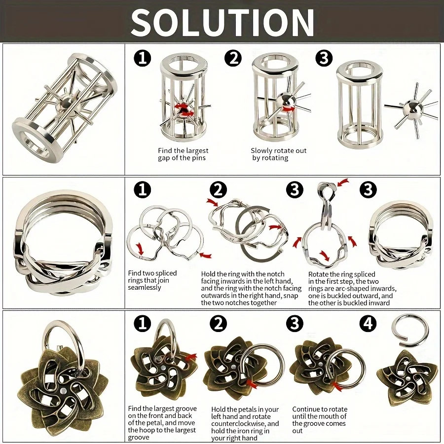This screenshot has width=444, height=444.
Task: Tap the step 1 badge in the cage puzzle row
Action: [143, 59]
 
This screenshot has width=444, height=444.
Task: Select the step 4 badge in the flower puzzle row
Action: [368, 324]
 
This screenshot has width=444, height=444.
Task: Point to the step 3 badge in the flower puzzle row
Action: [295, 324]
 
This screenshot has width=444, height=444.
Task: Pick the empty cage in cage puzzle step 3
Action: [359, 105]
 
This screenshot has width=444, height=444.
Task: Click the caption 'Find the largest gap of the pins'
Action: [183, 154]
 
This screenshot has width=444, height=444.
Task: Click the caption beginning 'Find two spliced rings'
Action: [152, 280]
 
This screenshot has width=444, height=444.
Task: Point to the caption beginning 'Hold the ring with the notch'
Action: [251, 288]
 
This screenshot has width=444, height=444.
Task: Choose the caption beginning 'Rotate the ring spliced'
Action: [352, 288]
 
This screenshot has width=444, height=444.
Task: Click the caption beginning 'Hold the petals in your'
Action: [245, 424]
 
